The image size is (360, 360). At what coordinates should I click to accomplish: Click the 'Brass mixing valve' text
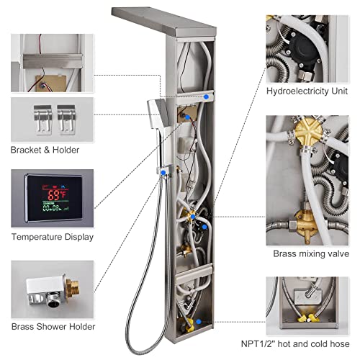tap(311, 253)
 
